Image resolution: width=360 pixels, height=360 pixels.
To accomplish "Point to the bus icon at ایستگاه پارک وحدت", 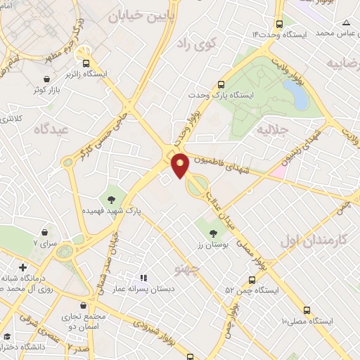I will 222,82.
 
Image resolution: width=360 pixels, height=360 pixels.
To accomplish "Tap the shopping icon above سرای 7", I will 46,231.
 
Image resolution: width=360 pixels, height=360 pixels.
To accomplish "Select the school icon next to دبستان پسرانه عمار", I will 144,278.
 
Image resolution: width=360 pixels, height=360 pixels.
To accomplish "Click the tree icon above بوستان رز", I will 212,233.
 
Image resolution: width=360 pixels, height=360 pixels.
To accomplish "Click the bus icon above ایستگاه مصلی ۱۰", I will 306,310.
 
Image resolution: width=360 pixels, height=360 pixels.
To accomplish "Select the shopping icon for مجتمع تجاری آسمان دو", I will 85,307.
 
